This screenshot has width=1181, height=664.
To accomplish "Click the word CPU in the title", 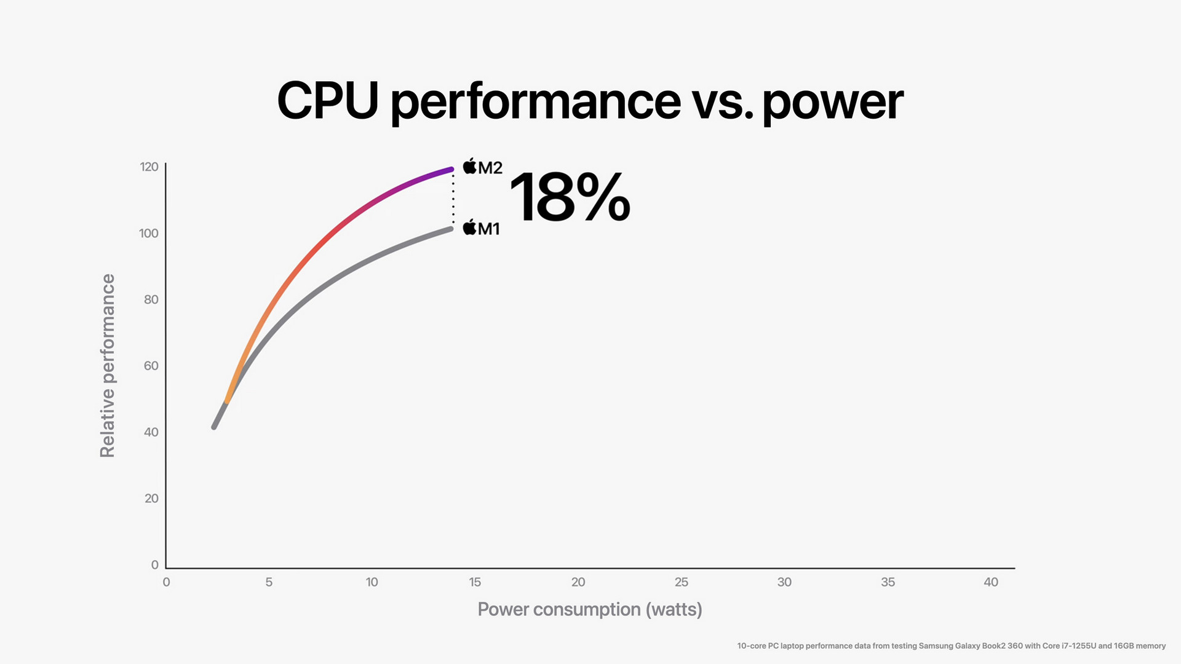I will tap(327, 101).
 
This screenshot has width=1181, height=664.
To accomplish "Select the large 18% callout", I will tap(570, 197).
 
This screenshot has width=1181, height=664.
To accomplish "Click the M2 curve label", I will tap(483, 167).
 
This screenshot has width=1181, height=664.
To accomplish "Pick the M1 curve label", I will tap(481, 228).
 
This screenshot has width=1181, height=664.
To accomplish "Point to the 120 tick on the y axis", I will tap(149, 167).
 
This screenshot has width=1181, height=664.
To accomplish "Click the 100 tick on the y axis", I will tap(149, 233).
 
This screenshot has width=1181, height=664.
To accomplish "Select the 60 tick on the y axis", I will tap(151, 366).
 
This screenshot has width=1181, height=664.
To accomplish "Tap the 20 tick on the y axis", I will tap(151, 498).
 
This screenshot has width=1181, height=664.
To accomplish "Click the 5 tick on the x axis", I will tap(269, 582).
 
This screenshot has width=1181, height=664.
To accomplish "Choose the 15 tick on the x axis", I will tap(475, 582).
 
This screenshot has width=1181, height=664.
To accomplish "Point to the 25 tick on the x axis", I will tap(681, 582).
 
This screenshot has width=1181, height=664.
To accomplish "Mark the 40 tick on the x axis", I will tap(990, 582).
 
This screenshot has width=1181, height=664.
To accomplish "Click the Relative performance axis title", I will tap(108, 365).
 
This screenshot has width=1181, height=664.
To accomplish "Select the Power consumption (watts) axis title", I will tap(590, 609).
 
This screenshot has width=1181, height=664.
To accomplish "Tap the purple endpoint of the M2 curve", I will tap(451, 169).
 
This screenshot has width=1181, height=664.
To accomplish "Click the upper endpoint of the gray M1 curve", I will tap(450, 229).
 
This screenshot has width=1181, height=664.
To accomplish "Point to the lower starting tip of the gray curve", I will tap(214, 427).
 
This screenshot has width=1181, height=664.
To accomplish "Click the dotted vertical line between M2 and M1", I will tap(453, 199).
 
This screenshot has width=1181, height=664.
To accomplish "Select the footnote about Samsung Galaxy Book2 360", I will tap(951, 646).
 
